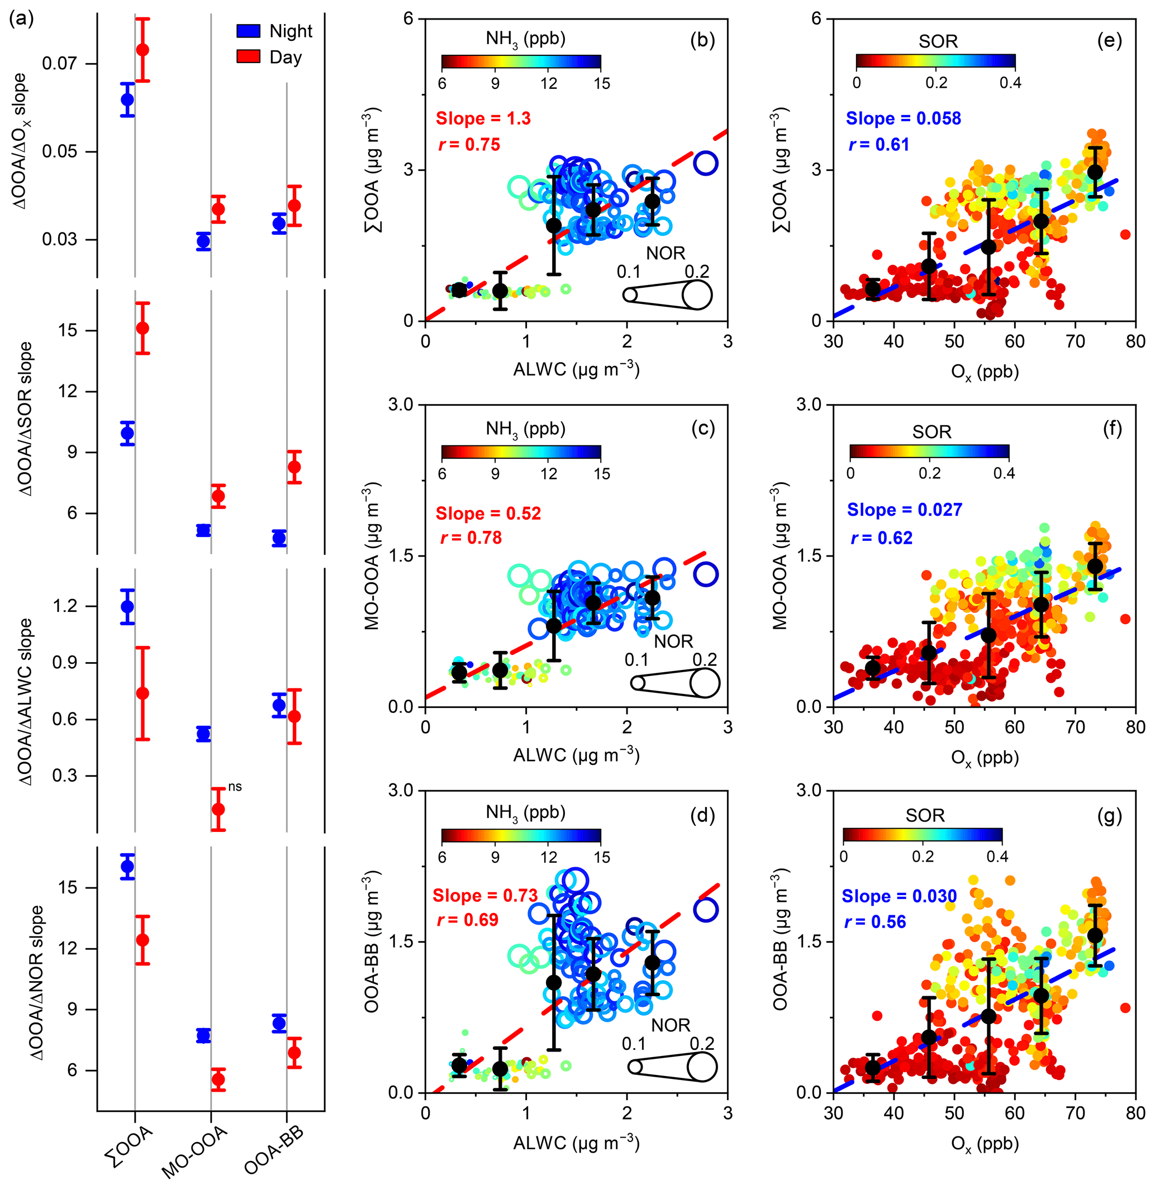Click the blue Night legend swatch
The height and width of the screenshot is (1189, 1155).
tap(248, 31)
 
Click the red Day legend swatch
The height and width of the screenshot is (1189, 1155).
tap(248, 57)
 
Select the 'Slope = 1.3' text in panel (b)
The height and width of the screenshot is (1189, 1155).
tap(483, 118)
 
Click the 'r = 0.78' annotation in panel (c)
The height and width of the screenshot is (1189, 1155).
tap(470, 538)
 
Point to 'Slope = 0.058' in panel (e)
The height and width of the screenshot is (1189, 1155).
tap(903, 118)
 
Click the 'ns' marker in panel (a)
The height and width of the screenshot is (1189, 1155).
tap(235, 787)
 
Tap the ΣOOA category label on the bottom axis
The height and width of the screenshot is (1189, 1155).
tap(129, 1146)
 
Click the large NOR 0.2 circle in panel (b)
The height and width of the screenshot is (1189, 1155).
tap(697, 295)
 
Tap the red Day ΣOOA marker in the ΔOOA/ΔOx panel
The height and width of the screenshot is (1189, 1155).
tap(142, 50)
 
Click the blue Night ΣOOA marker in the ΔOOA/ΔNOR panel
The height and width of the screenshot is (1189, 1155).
tap(127, 866)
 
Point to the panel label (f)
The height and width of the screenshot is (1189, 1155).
tap(1112, 429)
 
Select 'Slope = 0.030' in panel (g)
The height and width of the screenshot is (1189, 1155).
tap(899, 896)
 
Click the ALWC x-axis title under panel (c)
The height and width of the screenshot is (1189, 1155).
tap(576, 755)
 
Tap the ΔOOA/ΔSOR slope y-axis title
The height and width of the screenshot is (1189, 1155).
tap(26, 418)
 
